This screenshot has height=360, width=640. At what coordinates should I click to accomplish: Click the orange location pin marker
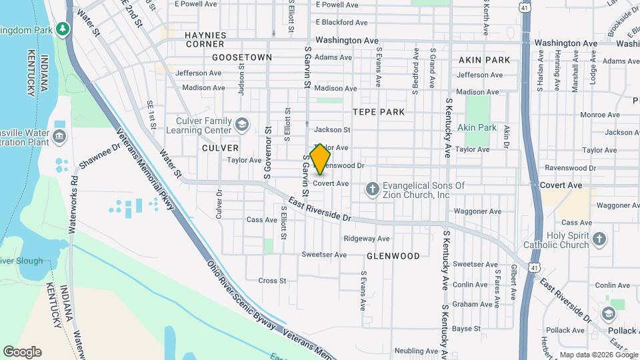[321, 159]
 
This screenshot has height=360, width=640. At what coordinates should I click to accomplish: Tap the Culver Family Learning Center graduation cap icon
[241, 123]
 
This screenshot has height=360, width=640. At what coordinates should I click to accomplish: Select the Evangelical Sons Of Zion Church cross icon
[372, 190]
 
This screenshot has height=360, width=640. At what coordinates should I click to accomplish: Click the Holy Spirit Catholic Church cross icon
[599, 239]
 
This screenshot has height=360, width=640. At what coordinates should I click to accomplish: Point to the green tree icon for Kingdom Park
[62, 29]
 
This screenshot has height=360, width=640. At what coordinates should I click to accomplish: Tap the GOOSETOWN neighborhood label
[242, 57]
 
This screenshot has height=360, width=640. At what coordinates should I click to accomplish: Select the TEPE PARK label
[379, 112]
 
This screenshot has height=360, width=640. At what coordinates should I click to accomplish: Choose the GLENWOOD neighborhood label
[393, 256]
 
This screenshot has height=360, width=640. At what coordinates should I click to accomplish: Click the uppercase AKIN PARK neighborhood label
[484, 60]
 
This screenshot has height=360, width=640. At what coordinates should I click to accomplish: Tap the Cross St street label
[272, 281]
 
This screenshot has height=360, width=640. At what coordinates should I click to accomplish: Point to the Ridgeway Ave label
[366, 239]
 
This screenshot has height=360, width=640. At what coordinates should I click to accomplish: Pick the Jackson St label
[332, 130]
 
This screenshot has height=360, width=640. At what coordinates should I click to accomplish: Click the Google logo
[22, 351]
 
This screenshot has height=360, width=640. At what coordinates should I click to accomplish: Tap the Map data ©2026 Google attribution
[598, 355]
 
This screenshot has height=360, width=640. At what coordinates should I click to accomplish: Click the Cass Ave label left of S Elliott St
[261, 220]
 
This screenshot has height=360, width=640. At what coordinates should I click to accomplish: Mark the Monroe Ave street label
[596, 115]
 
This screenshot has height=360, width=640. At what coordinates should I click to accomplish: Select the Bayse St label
[467, 329]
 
